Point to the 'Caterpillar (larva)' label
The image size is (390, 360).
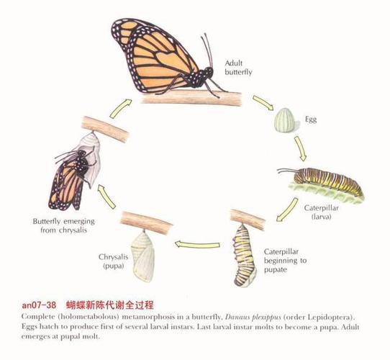[x=321, y=212]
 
